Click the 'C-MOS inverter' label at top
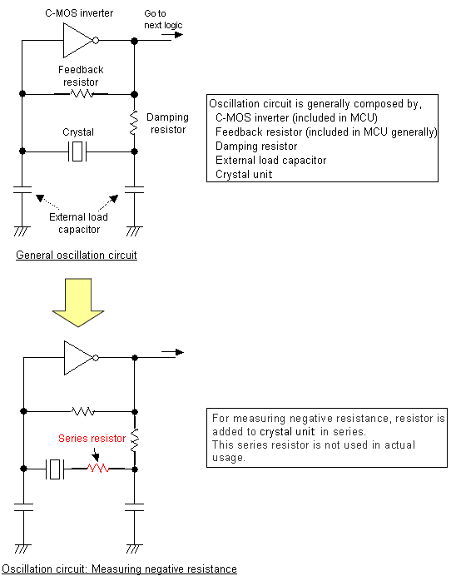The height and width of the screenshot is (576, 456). [79, 12]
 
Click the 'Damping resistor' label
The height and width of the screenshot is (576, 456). [167, 123]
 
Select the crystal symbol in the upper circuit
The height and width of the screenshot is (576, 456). [78, 151]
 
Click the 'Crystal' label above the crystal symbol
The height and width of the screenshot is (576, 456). [78, 132]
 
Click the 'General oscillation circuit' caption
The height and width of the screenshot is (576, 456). [77, 255]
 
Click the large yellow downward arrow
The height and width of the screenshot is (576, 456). [77, 305]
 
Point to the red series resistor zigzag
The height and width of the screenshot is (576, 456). [100, 469]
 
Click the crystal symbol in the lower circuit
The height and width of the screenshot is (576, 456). [56, 469]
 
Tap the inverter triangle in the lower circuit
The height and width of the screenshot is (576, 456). [78, 357]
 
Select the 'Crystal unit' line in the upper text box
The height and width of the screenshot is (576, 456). [243, 174]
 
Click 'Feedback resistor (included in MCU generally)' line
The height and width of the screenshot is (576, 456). [326, 132]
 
